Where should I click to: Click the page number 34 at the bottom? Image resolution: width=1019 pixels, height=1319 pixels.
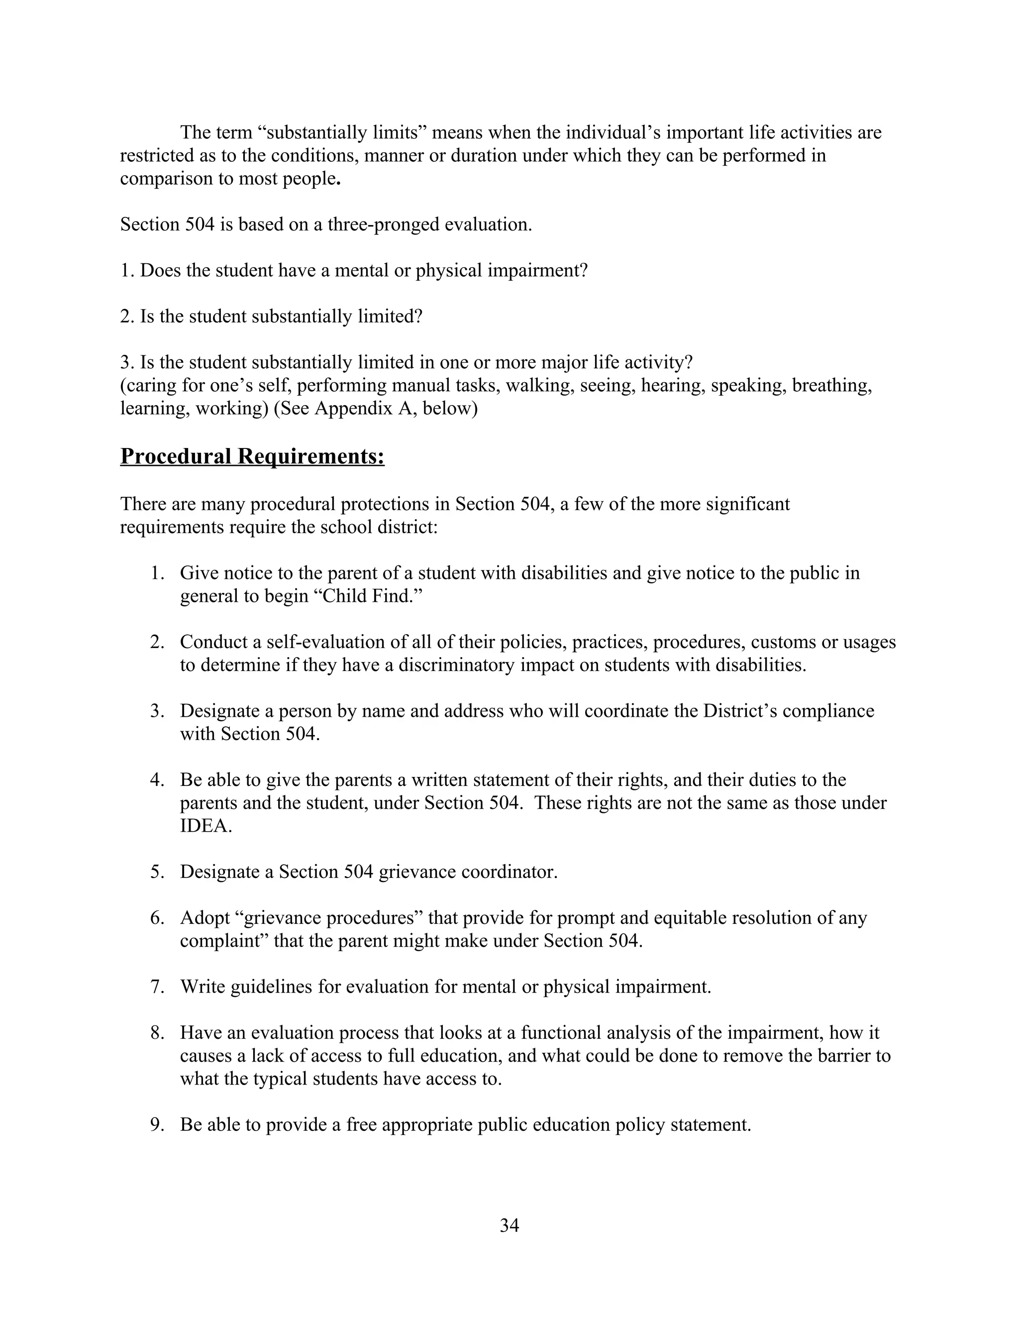(x=509, y=1225)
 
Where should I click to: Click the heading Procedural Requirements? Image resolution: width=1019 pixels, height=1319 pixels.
(x=252, y=456)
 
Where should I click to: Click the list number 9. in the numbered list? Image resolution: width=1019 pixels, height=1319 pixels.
(x=158, y=1124)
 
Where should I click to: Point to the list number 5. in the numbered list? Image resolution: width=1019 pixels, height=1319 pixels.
(x=158, y=872)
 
